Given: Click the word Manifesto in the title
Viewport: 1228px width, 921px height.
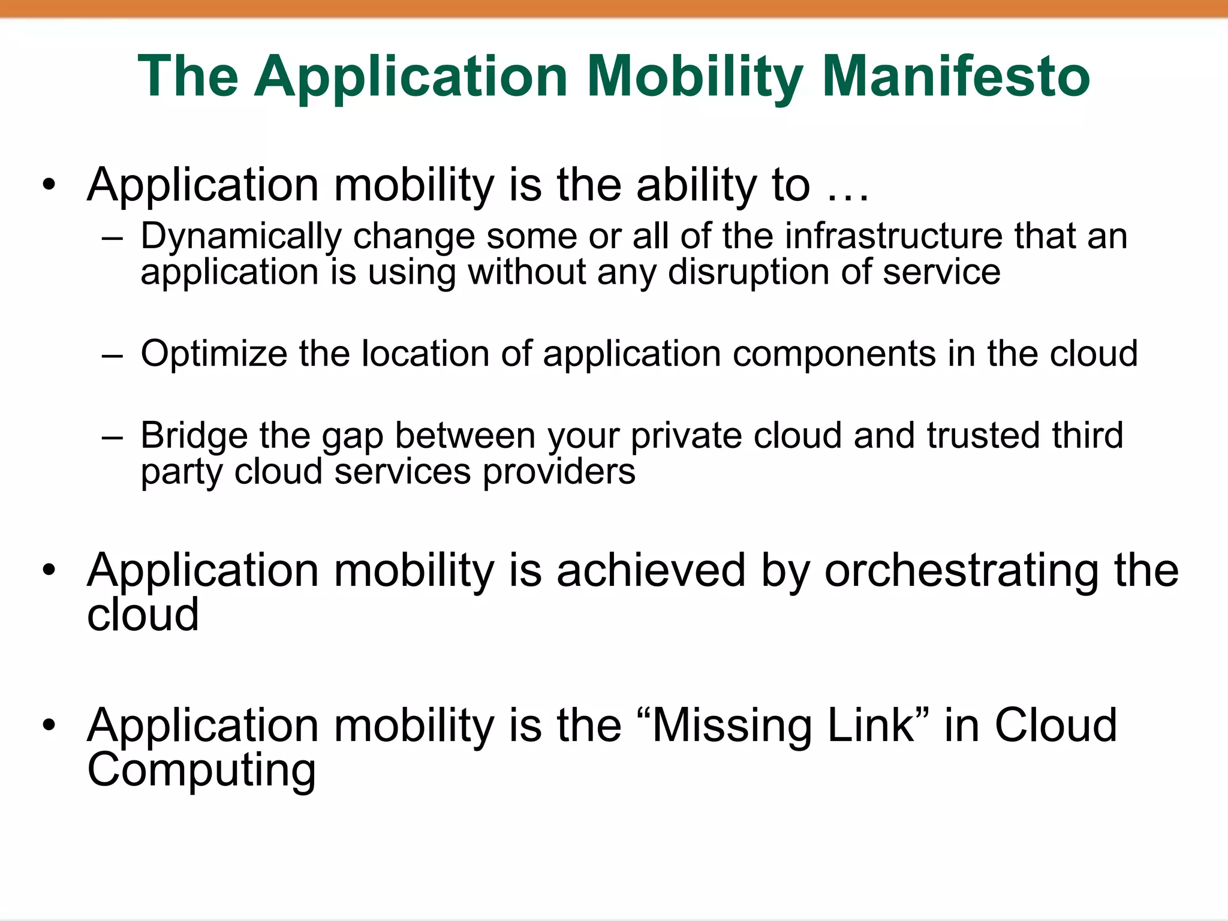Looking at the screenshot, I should coord(955,76).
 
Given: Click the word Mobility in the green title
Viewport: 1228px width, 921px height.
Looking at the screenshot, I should coord(695,76).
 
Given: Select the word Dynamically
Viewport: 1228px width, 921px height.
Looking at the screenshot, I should coord(240,237).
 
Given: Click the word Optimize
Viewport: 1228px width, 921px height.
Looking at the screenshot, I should coord(213,354).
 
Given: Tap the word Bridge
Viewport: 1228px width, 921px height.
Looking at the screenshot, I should coord(194,436).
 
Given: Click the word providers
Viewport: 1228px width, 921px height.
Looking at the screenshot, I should coord(558,472).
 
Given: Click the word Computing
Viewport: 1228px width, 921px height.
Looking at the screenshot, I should coord(201,770).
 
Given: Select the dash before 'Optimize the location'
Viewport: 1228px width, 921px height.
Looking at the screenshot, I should coord(112,356).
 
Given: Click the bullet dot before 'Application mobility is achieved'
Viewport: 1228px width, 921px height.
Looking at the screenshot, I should coord(49,570).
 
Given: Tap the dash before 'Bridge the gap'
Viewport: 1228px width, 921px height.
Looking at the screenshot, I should coord(112,437).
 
